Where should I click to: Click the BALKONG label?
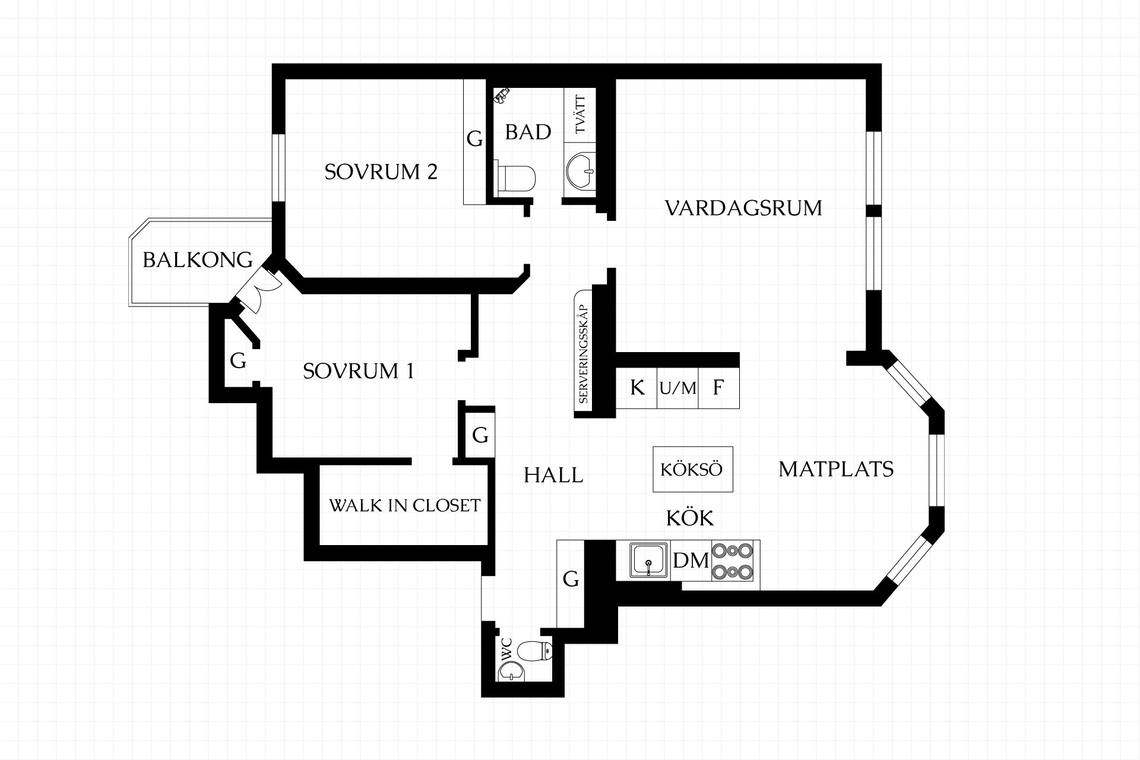(x=198, y=260)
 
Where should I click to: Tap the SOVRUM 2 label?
(x=381, y=172)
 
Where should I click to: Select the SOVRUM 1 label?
(x=358, y=371)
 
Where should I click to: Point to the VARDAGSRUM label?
(x=743, y=208)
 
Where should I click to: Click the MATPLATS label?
(x=836, y=470)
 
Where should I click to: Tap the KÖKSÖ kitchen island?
(x=692, y=469)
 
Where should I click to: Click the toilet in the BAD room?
(x=516, y=178)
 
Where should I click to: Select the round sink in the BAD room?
(x=580, y=170)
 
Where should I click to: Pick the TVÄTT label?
(x=580, y=115)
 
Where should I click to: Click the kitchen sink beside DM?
(x=648, y=560)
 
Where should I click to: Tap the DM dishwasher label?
(x=691, y=560)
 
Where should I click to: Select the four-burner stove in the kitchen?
(x=732, y=561)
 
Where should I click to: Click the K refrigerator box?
(x=636, y=388)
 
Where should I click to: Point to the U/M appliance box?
(x=677, y=388)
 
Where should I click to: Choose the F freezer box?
(x=718, y=388)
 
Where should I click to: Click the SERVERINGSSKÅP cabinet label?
(x=583, y=354)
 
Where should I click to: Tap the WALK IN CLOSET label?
(x=404, y=506)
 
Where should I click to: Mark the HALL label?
(x=553, y=476)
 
